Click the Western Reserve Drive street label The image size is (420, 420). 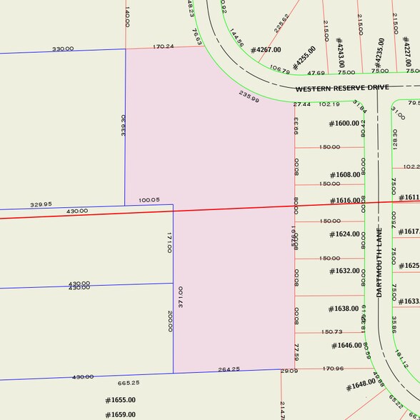coord(342,87)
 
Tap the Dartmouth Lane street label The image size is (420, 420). coord(380,262)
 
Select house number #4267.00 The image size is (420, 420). coord(266,50)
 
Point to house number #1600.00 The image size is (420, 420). coord(344,124)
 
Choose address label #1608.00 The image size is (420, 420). coord(345,175)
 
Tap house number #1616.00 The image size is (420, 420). coord(345,201)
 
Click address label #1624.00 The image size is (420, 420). coord(344,234)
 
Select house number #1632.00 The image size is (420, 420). coord(344,271)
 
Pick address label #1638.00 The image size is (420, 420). coord(344,309)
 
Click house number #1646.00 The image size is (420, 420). coord(347,346)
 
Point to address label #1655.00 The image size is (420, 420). coord(120,400)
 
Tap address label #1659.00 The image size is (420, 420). coord(120,414)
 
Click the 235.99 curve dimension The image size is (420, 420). coord(249,96)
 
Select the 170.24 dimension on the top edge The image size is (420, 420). coord(164,46)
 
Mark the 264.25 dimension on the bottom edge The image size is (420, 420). coord(229,369)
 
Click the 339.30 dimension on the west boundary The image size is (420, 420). coord(124,126)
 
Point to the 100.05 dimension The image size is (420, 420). coord(149,200)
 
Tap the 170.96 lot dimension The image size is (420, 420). coord(333,369)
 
